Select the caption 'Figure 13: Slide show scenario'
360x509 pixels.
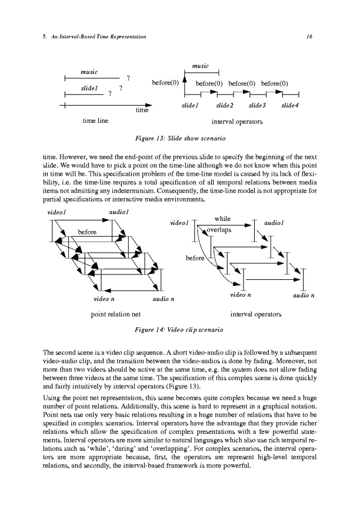pyautogui.click(x=179, y=138)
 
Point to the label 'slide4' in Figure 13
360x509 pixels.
pyautogui.click(x=290, y=105)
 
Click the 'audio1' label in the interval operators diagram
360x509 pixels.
pyautogui.click(x=275, y=223)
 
